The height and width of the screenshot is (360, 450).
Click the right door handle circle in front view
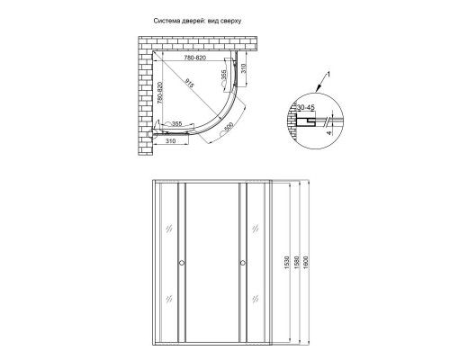click(242, 263)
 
